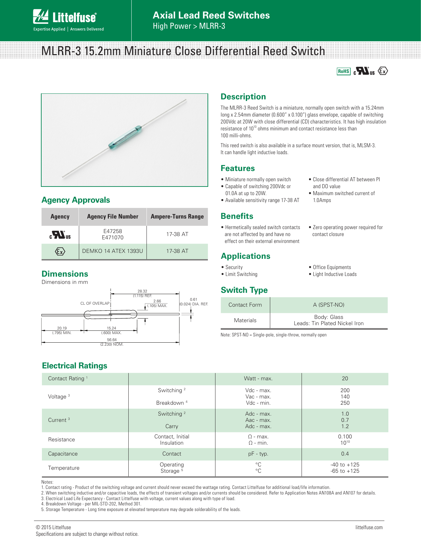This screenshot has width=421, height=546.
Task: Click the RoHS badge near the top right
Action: coord(343,71)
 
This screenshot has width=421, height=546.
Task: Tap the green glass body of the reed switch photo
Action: coord(125,136)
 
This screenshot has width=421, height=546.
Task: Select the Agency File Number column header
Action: coord(113,217)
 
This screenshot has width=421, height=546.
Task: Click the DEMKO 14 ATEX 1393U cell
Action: coord(113,251)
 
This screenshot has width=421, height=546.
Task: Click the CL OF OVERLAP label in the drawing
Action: coord(95,303)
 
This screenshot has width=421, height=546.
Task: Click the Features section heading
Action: coord(238,168)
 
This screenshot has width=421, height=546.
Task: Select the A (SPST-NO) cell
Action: coord(328,305)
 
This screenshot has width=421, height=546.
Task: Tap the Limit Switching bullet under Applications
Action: coord(241,274)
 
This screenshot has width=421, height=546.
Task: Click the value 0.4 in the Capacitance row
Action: coord(345,454)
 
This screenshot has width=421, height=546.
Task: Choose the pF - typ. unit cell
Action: coord(258,454)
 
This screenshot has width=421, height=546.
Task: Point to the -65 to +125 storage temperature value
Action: coord(345,471)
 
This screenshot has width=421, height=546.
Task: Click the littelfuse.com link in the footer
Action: coord(369,528)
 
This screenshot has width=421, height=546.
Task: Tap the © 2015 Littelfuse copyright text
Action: coord(53,528)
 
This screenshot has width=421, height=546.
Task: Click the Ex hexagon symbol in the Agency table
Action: coord(60,252)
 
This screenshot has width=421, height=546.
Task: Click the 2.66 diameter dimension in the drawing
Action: coord(157,301)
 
